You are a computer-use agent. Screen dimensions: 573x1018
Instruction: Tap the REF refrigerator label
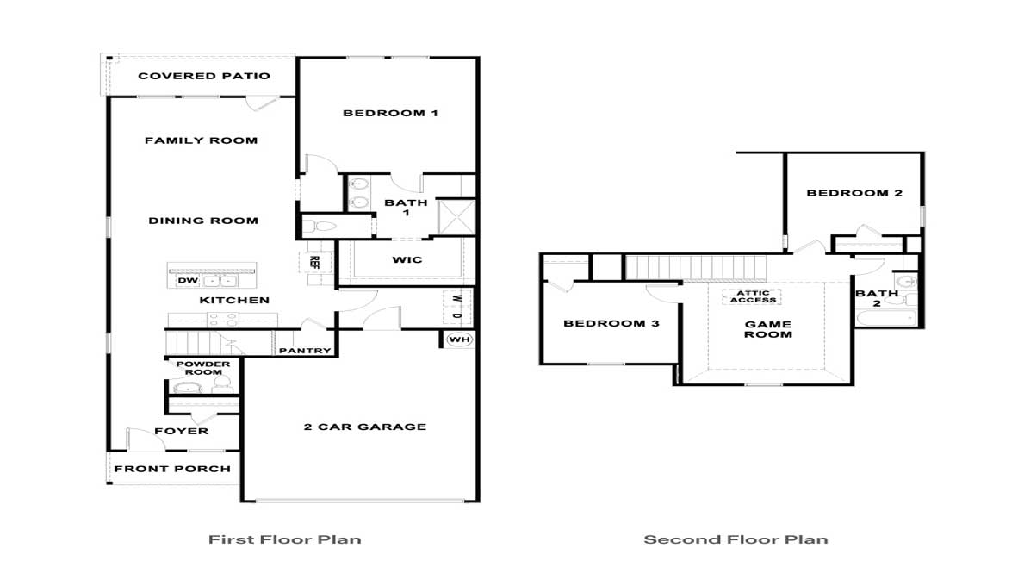click(314, 261)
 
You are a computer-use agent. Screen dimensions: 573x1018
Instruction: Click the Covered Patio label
click(204, 76)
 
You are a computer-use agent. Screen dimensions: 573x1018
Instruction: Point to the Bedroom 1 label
click(390, 113)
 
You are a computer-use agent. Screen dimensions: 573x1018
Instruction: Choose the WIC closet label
click(407, 259)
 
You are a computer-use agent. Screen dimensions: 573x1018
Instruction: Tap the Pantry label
click(305, 351)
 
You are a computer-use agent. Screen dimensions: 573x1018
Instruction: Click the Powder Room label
click(204, 368)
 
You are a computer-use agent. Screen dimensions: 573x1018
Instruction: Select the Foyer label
click(181, 431)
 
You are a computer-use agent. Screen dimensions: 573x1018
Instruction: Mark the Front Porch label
click(172, 469)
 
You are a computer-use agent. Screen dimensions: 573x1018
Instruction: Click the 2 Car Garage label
click(364, 427)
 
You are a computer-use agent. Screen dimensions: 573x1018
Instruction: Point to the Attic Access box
click(753, 296)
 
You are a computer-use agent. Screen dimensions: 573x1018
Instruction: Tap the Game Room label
click(767, 329)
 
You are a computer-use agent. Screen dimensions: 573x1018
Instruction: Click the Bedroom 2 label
click(854, 193)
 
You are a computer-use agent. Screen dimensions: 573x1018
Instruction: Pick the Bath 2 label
click(877, 299)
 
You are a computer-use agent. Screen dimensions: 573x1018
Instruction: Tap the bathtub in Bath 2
click(885, 320)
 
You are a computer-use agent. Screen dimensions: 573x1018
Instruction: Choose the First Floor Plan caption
click(284, 540)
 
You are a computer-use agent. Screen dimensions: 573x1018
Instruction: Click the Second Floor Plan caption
click(736, 540)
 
